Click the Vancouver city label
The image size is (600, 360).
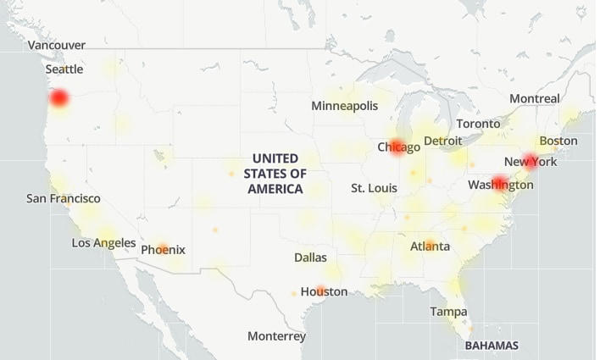tap(57, 45)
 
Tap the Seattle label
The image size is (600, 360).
tap(64, 69)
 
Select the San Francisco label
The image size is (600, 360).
tap(63, 198)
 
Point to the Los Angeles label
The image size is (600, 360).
tap(103, 243)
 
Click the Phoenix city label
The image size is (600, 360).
tap(163, 250)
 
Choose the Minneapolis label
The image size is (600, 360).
tap(344, 106)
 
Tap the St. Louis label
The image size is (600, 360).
tap(374, 187)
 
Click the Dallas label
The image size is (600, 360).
tap(310, 257)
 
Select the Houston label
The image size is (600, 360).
tap(324, 291)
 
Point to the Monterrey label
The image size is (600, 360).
tap(276, 336)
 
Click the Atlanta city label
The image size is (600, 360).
tap(430, 246)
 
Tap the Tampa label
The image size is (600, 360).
tap(447, 312)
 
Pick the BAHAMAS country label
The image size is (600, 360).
tap(492, 346)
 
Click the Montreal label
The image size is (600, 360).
tap(534, 98)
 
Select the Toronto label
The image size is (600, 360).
tap(484, 124)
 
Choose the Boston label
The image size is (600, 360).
tap(558, 141)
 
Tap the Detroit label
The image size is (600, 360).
tap(442, 141)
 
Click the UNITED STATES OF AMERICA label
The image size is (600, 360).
tap(275, 174)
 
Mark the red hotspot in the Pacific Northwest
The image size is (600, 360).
tap(58, 99)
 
